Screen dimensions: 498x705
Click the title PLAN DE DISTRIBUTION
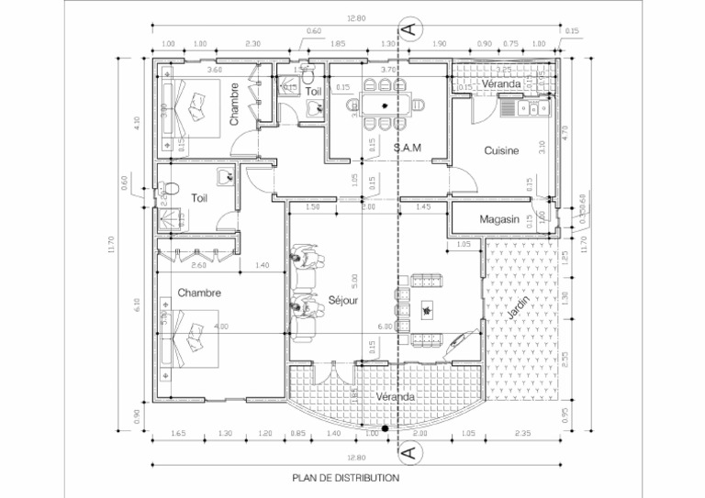click(345, 478)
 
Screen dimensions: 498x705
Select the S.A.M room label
click(407, 148)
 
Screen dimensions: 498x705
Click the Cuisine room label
click(502, 150)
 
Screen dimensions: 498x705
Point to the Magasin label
click(500, 220)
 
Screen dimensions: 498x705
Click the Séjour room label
click(342, 301)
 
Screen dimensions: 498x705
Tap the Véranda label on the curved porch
click(396, 397)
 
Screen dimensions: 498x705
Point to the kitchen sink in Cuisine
click(529, 109)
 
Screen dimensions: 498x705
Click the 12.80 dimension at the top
click(357, 18)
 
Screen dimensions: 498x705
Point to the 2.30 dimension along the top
click(254, 44)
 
